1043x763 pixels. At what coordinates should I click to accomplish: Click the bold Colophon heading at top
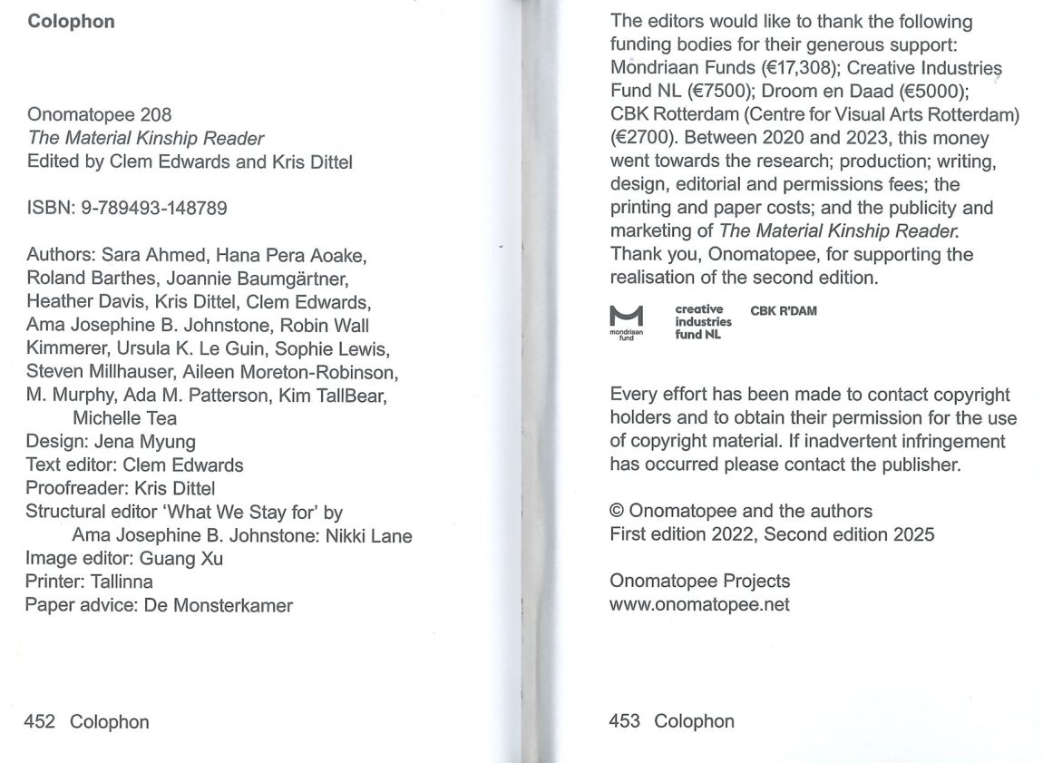71,22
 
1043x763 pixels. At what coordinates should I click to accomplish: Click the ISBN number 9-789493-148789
151,209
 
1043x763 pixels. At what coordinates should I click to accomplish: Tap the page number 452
41,722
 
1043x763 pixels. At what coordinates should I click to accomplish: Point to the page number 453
625,721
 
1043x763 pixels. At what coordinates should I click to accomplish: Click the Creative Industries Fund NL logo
703,322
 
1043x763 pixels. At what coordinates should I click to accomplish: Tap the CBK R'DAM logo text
784,311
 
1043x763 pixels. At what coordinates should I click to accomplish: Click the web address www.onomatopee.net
699,604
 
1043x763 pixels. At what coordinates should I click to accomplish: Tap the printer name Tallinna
122,582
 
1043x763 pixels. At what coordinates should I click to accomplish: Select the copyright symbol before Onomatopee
618,511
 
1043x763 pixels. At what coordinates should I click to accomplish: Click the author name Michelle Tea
124,418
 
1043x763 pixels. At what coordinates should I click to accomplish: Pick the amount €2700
642,139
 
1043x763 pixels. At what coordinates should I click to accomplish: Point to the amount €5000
933,92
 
